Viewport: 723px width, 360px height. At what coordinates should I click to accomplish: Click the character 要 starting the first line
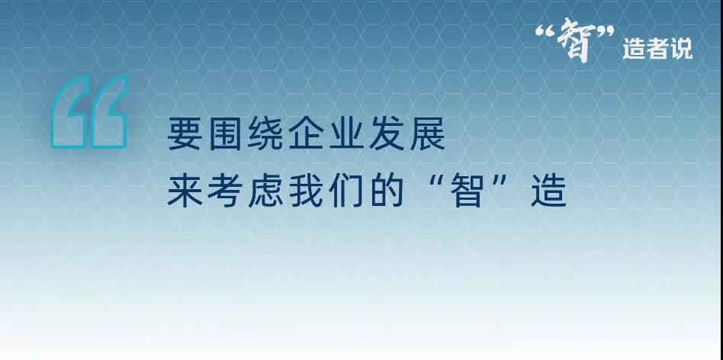click(185, 133)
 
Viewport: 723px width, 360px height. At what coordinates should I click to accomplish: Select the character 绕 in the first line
click(265, 133)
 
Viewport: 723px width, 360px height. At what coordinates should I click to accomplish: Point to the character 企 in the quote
click(306, 133)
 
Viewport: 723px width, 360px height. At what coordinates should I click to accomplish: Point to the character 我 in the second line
click(306, 191)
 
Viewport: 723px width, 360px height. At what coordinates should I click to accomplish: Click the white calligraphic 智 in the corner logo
click(574, 40)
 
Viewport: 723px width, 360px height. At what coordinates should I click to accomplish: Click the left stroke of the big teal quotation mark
click(69, 112)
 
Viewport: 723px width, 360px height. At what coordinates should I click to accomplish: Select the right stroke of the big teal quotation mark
click(109, 112)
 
